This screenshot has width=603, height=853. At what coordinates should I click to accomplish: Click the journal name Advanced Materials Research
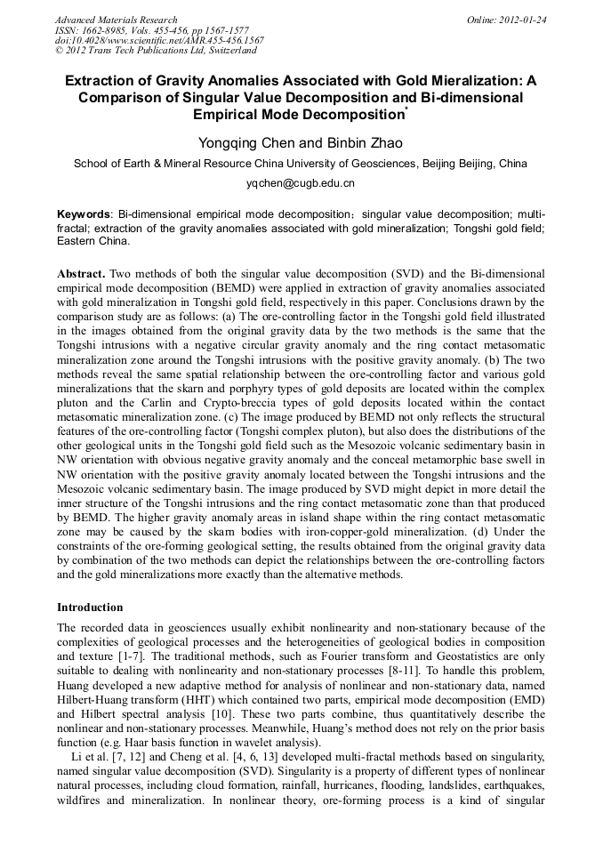tap(116, 20)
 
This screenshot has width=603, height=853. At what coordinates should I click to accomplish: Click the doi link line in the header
tap(159, 40)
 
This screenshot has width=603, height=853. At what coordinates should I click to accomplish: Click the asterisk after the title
tap(406, 109)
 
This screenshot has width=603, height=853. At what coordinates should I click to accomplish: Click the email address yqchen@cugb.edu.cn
tap(301, 183)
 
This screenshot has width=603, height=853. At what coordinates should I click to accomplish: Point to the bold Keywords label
tap(84, 214)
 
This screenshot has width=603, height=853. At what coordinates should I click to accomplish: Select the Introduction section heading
tap(90, 608)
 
